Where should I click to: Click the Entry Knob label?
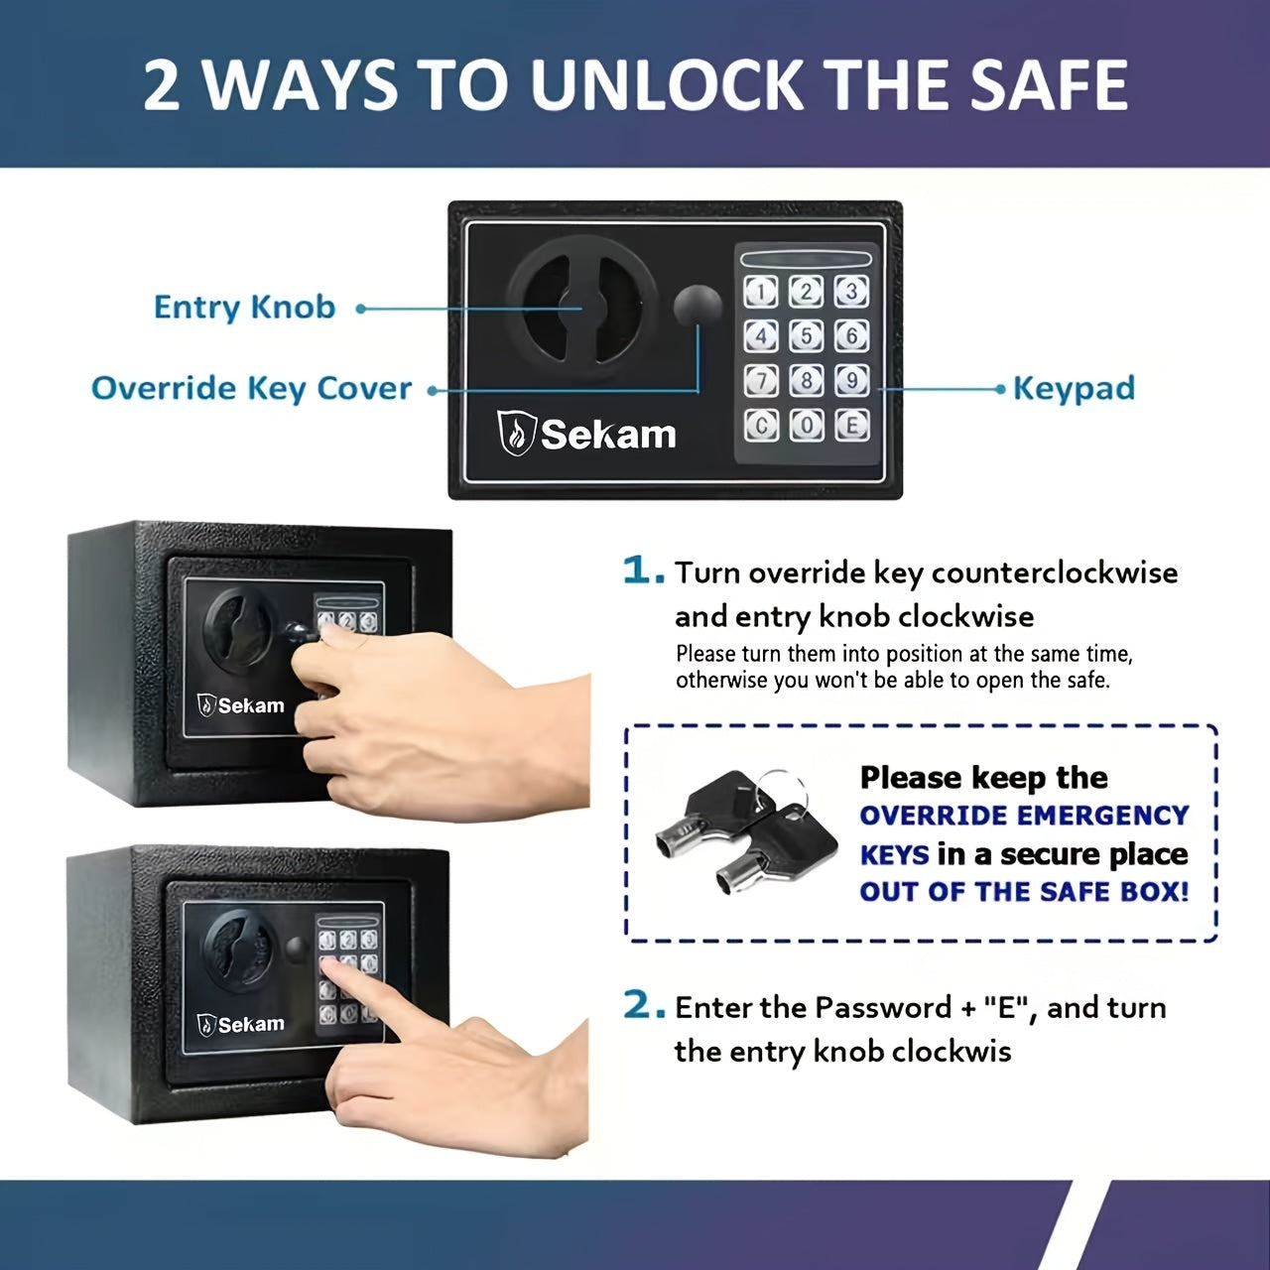point(244,308)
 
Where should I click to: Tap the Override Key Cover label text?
point(251,388)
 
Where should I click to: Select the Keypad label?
point(1074,389)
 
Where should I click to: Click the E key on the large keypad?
point(851,425)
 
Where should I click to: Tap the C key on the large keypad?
point(761,425)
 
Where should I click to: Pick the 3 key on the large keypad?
point(851,292)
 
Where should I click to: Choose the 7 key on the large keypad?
point(761,381)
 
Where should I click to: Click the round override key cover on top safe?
point(698,306)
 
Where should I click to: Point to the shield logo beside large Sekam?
point(515,433)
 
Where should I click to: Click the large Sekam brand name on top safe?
point(608,435)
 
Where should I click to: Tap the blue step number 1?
point(643,571)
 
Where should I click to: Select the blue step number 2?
point(644,1006)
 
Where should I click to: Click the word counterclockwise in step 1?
point(1055,572)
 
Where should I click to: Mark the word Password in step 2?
point(887,1008)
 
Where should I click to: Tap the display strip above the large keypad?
point(806,258)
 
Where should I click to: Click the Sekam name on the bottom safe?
point(251,1024)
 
